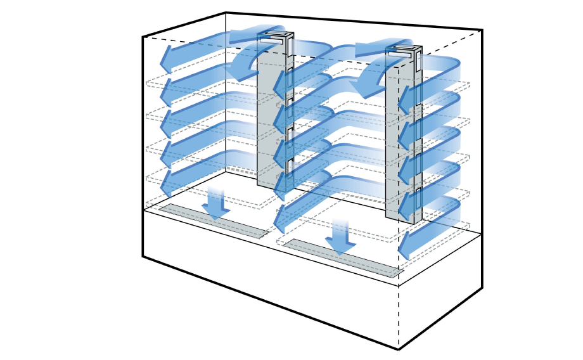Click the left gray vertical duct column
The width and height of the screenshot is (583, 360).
pyautogui.click(x=266, y=127)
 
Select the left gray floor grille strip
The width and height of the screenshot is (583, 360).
pyautogui.click(x=214, y=221)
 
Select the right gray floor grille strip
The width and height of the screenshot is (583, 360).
pyautogui.click(x=343, y=258)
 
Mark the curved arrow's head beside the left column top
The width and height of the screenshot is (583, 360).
pyautogui.click(x=240, y=69)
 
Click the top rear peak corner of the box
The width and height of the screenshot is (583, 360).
pyautogui.click(x=226, y=13)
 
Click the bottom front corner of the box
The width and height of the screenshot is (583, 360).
pyautogui.click(x=399, y=349)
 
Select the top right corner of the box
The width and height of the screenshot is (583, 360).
pyautogui.click(x=482, y=30)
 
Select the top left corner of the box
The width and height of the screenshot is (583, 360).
pyautogui.click(x=143, y=37)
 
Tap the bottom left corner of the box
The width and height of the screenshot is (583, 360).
pyautogui.click(x=143, y=257)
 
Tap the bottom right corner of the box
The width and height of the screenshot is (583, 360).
pyautogui.click(x=482, y=289)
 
